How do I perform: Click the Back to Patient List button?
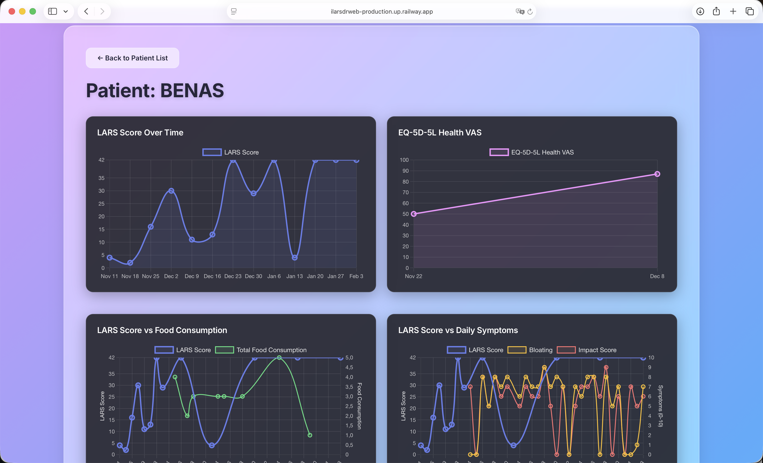pos(133,58)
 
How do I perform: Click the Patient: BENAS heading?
pos(155,90)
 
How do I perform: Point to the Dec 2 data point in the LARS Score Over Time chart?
pos(171,191)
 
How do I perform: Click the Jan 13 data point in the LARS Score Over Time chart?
pos(295,257)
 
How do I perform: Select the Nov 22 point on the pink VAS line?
pos(414,214)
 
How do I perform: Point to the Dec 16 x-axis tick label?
pos(212,276)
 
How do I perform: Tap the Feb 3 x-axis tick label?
pos(356,276)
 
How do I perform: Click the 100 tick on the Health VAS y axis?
pos(404,160)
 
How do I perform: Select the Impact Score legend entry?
pos(587,350)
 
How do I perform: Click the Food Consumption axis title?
pos(359,406)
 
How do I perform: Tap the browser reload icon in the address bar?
pos(530,11)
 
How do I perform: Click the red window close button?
pos(12,11)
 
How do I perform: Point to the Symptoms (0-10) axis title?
pos(661,406)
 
